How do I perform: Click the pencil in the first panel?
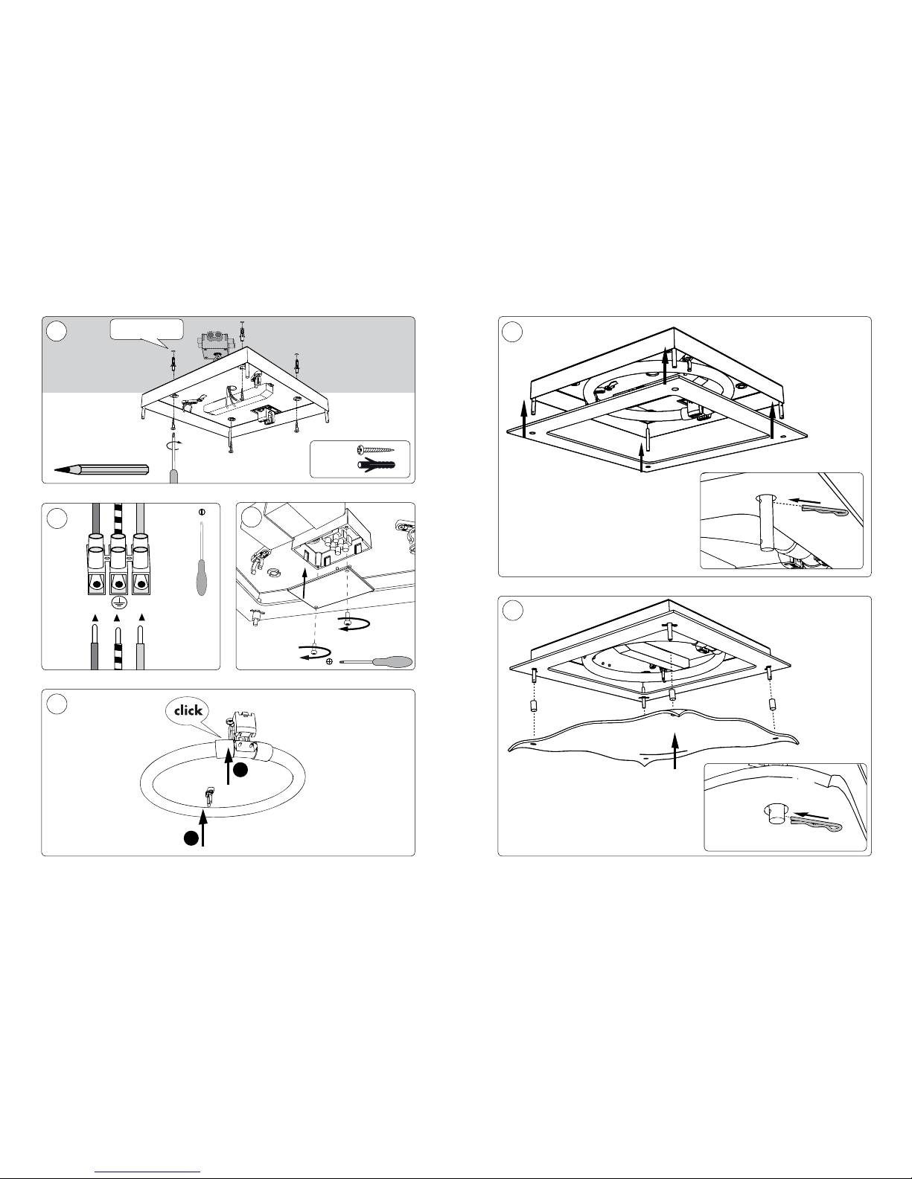click(101, 469)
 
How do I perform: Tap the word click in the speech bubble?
click(188, 710)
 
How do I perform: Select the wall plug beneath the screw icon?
click(377, 465)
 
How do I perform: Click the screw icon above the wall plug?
click(376, 449)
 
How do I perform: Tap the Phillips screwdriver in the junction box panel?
click(376, 662)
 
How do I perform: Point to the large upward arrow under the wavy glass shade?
click(675, 751)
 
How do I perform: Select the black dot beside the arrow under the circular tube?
click(191, 838)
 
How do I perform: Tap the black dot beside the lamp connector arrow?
click(240, 770)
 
